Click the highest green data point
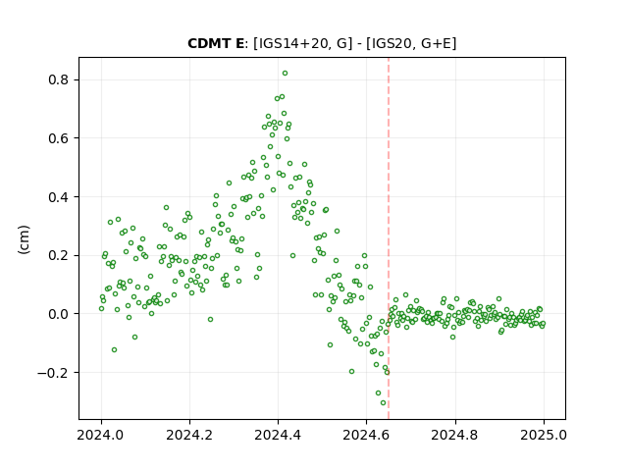tap(285, 74)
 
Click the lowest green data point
tap(384, 403)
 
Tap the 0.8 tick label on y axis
tap(59, 79)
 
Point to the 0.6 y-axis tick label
tap(59, 138)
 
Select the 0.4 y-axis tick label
tap(59, 197)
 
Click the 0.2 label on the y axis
tap(59, 255)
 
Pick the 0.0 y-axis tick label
tap(59, 314)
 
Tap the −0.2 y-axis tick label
tap(53, 373)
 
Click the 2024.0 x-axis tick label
tap(101, 435)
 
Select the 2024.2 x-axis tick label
tap(189, 435)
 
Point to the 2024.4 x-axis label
tap(278, 435)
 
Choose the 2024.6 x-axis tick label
tap(366, 435)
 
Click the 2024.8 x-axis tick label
tap(454, 435)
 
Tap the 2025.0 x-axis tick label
tap(544, 435)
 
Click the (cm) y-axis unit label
tap(24, 239)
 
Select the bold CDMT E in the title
tap(216, 43)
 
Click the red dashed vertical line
tap(389, 238)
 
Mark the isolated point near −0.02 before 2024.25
tap(210, 319)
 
